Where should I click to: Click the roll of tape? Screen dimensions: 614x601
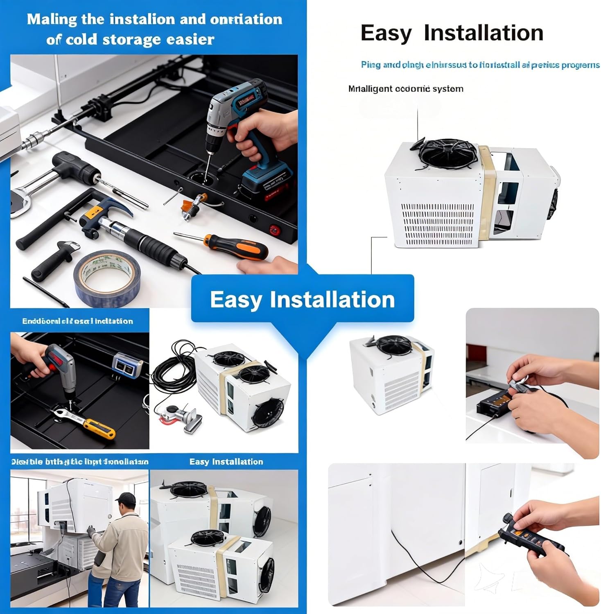107,278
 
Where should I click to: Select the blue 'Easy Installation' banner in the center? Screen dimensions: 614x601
303,299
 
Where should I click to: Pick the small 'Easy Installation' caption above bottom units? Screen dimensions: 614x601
226,462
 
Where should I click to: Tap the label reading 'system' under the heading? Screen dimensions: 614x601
447,89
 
